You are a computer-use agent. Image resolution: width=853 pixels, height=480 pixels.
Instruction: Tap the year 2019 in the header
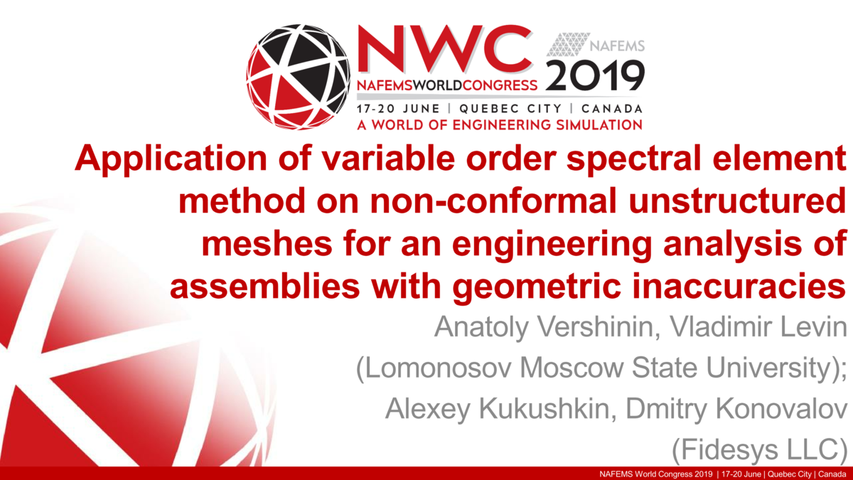tap(596, 75)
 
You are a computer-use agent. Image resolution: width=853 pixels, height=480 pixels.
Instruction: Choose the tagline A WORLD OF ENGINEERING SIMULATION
tap(499, 125)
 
